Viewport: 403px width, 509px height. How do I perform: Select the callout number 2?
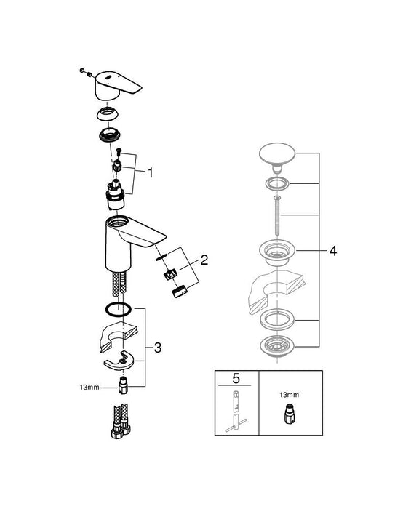[204, 259]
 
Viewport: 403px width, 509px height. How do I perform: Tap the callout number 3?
[157, 348]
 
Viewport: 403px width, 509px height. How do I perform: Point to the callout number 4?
[332, 250]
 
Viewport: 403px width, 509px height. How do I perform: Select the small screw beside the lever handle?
[84, 71]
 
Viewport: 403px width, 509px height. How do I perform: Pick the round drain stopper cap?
[274, 156]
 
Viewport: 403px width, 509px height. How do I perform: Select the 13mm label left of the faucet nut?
[89, 388]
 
